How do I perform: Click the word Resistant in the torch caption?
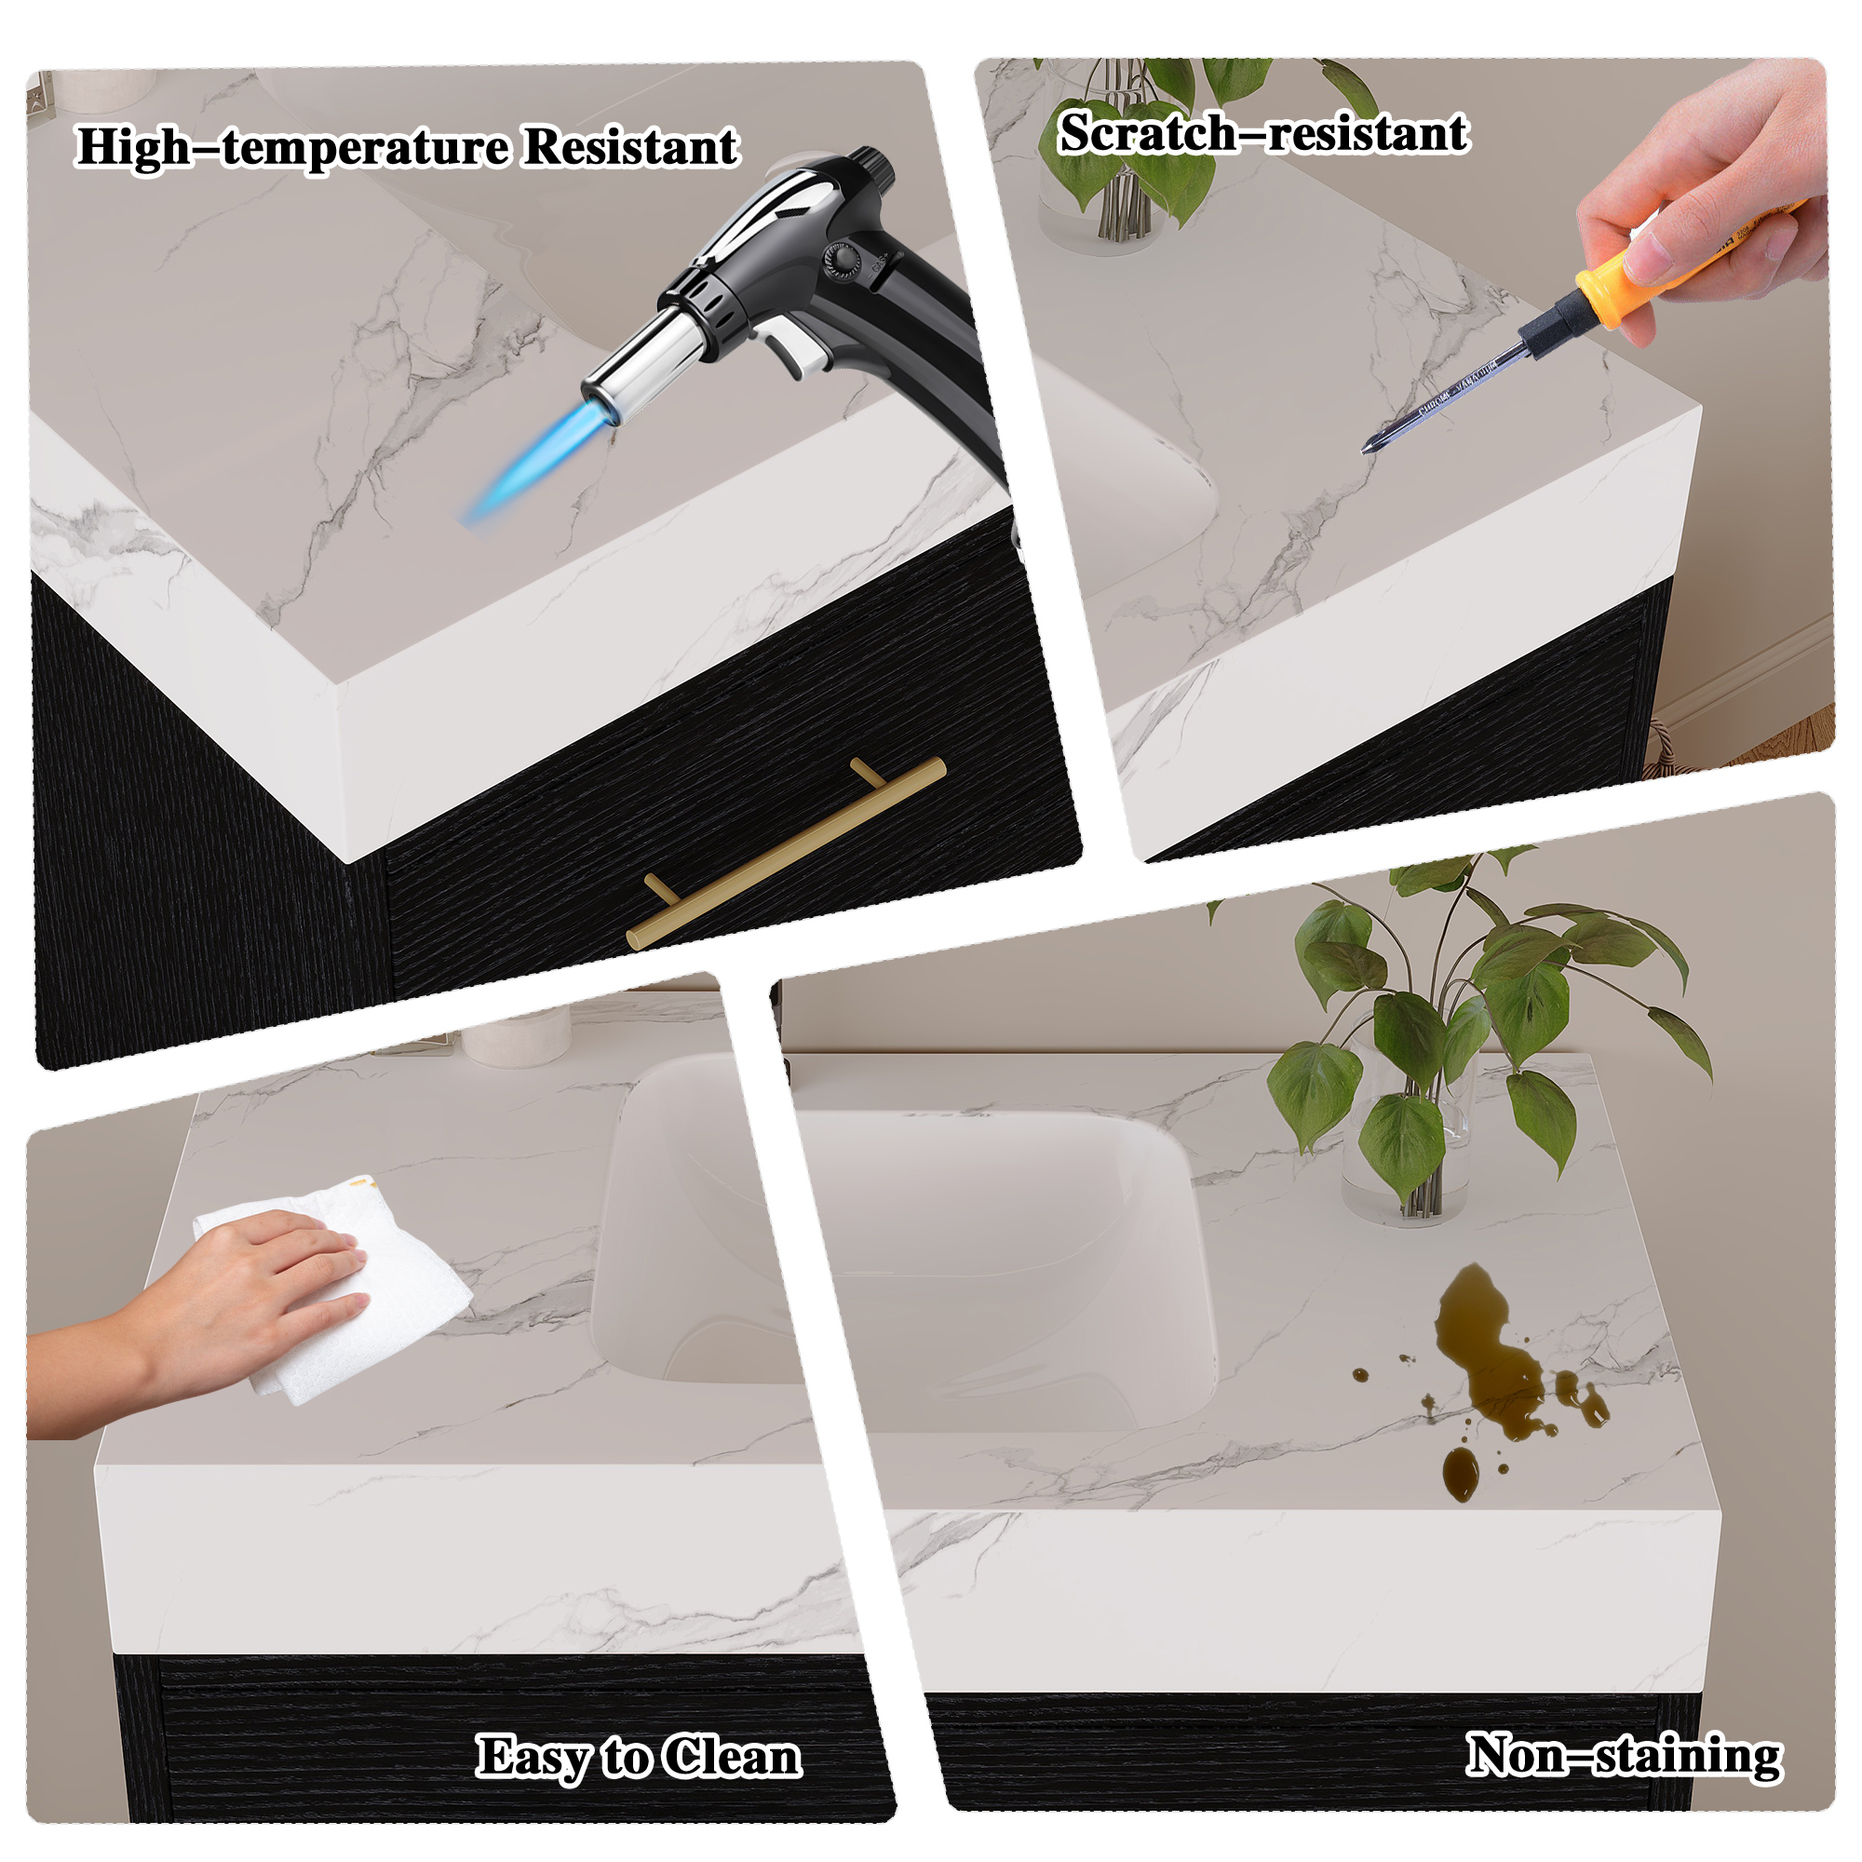(631, 147)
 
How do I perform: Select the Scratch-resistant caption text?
(1263, 133)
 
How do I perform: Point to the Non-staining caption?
(1624, 1755)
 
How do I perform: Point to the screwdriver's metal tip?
(1367, 446)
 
